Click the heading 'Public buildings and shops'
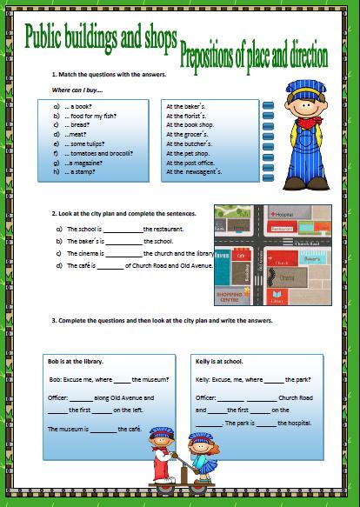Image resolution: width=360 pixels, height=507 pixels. click(101, 36)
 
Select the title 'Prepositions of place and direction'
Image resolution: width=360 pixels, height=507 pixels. click(254, 57)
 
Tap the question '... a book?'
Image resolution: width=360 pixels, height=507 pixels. click(78, 106)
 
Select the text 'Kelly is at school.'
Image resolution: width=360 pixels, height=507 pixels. click(219, 359)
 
